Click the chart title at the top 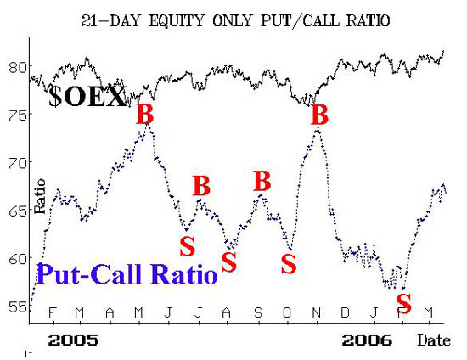click(235, 21)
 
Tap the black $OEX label click(87, 97)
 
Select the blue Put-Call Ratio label click(127, 274)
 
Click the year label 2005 click(74, 340)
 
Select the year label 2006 click(367, 340)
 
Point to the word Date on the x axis click(434, 340)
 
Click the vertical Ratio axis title click(40, 196)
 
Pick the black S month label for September click(258, 312)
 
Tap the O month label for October click(287, 312)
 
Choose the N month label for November click(317, 312)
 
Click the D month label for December click(345, 312)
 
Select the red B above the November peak click(319, 115)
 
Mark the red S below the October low click(289, 264)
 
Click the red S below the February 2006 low click(404, 303)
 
